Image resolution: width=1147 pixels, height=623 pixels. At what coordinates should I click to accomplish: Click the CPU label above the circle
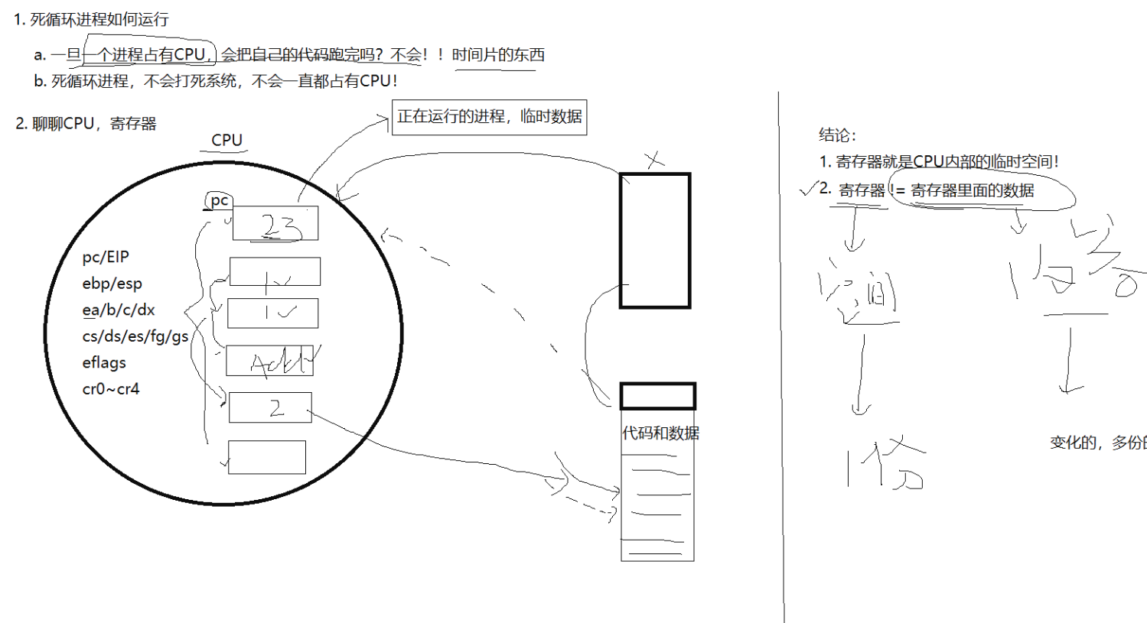click(226, 140)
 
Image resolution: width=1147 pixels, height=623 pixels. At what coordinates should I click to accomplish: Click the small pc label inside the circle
click(219, 200)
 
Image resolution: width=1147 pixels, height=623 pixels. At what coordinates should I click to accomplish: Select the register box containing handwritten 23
click(275, 224)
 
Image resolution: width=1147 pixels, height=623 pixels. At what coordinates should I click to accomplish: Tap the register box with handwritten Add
click(269, 361)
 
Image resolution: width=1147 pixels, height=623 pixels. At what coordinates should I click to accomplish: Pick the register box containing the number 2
click(270, 407)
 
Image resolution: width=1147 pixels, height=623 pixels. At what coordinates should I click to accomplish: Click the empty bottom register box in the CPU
click(267, 457)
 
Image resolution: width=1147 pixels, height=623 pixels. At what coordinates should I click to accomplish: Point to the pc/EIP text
click(106, 257)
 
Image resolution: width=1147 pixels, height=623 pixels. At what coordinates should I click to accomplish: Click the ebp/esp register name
click(112, 284)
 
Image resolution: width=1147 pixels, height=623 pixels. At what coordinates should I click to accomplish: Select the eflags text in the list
click(104, 362)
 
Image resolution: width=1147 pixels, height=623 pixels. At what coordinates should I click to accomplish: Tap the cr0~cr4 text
click(111, 389)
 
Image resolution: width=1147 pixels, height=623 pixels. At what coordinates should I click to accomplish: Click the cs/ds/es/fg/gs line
click(135, 336)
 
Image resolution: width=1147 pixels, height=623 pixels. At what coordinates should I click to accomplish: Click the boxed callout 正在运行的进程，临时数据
click(489, 117)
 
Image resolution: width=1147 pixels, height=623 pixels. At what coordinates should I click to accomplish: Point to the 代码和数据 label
click(660, 433)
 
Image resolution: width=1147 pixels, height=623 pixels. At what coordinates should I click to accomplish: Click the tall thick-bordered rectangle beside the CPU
click(655, 241)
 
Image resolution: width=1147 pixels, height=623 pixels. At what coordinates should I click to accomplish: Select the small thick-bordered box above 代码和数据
click(657, 397)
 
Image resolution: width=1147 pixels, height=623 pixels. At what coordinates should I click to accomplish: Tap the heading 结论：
click(837, 135)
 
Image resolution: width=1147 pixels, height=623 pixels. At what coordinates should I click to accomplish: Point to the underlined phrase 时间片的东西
click(498, 55)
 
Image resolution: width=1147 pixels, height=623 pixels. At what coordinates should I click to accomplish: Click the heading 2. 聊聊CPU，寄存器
click(86, 124)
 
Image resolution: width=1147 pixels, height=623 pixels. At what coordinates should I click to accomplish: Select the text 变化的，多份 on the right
click(1097, 443)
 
